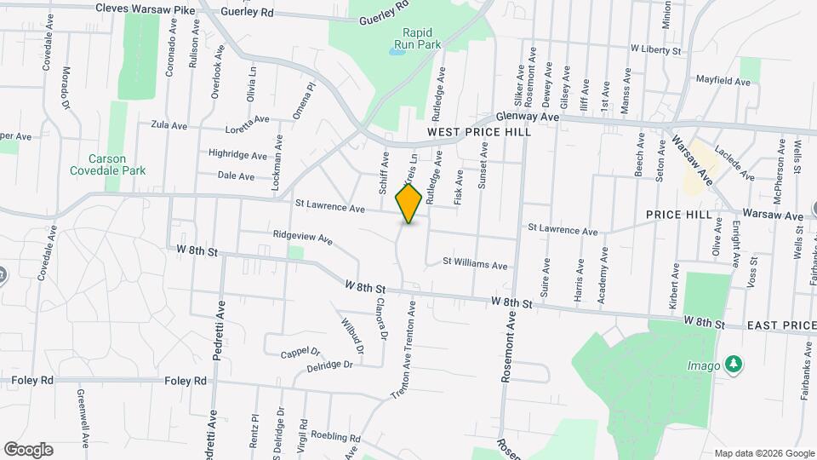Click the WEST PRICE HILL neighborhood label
[x=479, y=132]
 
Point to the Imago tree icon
[x=733, y=365]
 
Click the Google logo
[x=28, y=450]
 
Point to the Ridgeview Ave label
[x=302, y=238]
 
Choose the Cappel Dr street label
[x=301, y=351]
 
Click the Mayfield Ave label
[x=723, y=82]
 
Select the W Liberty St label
[x=656, y=51]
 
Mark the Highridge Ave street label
[x=237, y=154]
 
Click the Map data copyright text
[x=763, y=452]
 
